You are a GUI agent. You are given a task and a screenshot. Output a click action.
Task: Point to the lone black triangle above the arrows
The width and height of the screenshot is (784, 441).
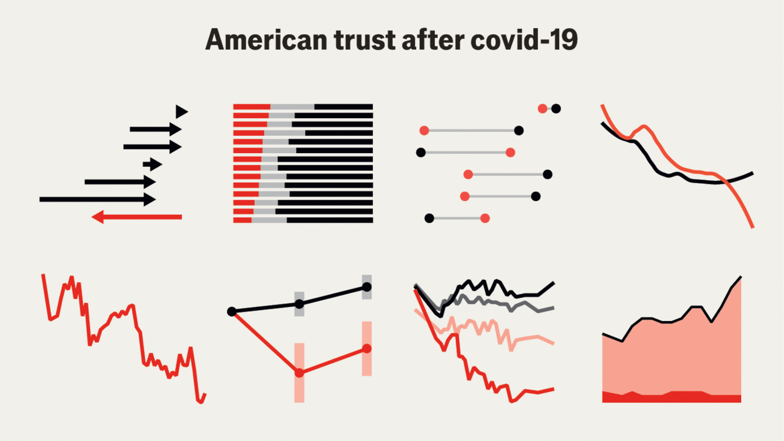click(x=181, y=111)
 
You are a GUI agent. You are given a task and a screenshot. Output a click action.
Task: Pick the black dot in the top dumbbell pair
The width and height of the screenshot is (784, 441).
click(x=556, y=109)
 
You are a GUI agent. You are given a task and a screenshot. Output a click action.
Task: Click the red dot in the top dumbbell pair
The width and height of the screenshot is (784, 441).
click(x=542, y=109)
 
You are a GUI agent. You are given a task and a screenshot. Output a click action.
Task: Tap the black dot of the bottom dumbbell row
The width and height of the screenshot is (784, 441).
click(x=429, y=218)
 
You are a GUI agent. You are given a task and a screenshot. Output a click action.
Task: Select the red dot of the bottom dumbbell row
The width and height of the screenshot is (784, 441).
click(x=485, y=218)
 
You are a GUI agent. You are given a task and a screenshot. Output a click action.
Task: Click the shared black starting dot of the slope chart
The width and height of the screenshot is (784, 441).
click(x=232, y=312)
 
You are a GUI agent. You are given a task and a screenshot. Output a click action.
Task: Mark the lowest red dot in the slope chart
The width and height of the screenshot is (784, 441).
click(x=300, y=372)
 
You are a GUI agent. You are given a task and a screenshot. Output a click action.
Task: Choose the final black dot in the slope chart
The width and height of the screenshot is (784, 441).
click(x=367, y=287)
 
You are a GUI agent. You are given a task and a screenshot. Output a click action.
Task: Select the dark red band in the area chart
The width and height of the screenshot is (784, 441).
click(x=671, y=397)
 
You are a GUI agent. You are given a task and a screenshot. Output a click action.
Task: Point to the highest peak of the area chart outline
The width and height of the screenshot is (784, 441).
click(x=741, y=277)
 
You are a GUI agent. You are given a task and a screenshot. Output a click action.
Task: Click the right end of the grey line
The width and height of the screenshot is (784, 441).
click(x=554, y=307)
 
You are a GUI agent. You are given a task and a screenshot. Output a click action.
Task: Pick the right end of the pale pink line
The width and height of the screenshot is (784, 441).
click(x=554, y=343)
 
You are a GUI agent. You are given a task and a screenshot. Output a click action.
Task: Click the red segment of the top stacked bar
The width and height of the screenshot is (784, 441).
click(x=251, y=107)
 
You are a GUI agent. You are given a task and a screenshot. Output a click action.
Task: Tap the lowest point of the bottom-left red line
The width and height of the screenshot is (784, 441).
click(x=200, y=402)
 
